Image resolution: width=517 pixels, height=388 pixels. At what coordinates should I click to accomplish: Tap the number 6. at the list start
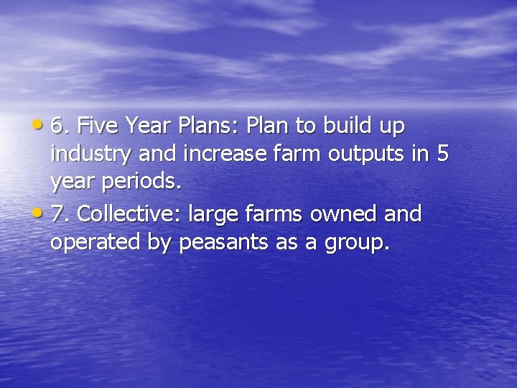pyautogui.click(x=60, y=126)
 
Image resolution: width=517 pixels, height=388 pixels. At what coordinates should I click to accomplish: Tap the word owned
pyautogui.click(x=343, y=214)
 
